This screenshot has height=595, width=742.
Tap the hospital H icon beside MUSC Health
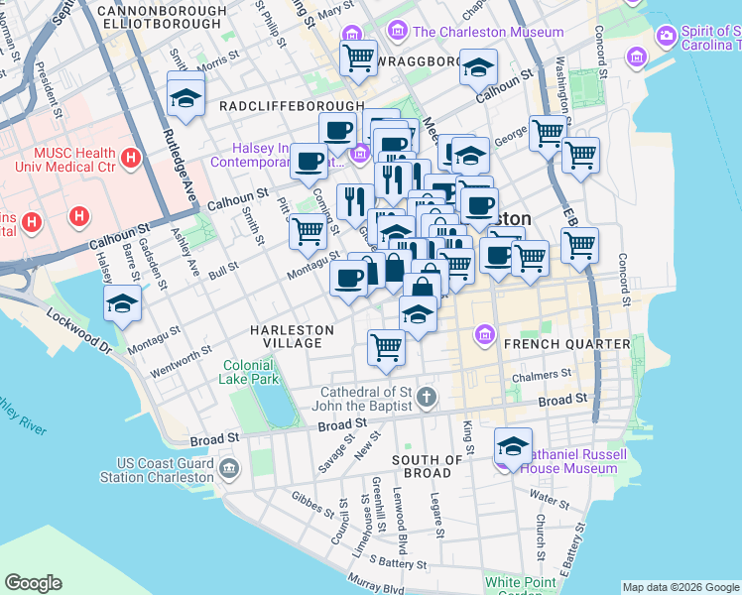(x=130, y=158)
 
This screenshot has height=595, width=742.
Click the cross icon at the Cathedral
(x=427, y=398)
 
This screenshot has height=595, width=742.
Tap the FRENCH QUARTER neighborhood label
(x=566, y=344)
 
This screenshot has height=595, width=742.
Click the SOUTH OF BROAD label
(x=428, y=466)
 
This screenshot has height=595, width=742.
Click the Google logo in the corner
(x=34, y=583)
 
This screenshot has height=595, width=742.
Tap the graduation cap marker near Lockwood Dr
(x=122, y=303)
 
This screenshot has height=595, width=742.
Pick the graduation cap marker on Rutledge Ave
(x=185, y=96)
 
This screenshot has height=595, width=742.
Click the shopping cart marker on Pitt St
(x=309, y=230)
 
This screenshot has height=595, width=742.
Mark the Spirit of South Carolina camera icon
(x=666, y=36)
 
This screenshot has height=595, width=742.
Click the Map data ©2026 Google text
(x=680, y=587)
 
